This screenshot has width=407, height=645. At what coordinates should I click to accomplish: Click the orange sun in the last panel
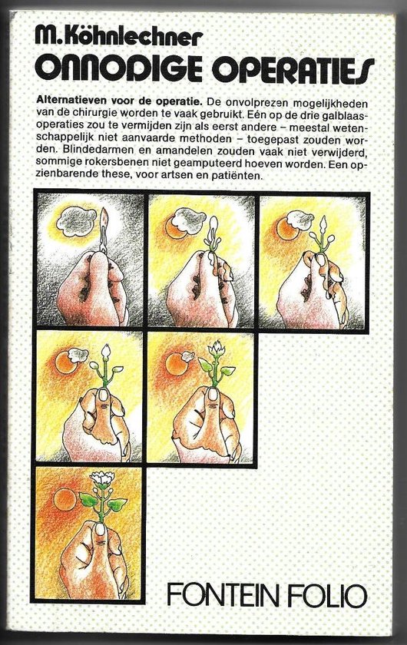click(x=65, y=499)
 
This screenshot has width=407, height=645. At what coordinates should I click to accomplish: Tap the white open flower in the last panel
click(x=101, y=478)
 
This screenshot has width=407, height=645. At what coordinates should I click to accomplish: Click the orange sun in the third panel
click(x=287, y=229)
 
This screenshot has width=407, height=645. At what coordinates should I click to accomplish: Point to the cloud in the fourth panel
click(x=78, y=354)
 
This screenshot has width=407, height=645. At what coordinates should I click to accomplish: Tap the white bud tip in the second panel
click(x=213, y=226)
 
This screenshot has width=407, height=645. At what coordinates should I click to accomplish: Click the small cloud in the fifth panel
click(x=187, y=356)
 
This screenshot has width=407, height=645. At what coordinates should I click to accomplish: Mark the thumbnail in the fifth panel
click(x=213, y=394)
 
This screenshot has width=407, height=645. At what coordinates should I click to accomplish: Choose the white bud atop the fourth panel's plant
click(x=106, y=352)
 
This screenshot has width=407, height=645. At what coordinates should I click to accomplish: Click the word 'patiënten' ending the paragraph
click(x=243, y=177)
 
